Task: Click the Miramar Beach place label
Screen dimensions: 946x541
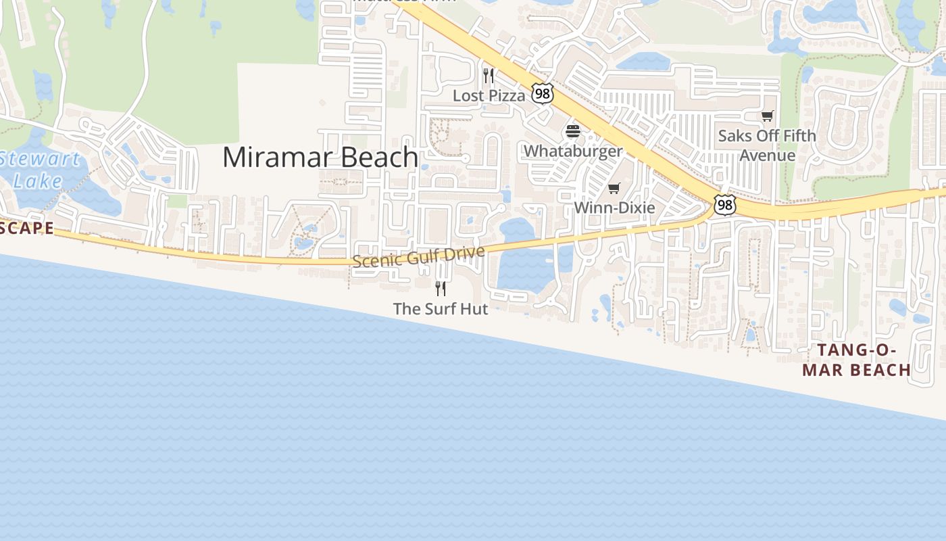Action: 320,157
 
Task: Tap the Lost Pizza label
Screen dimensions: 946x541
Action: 489,95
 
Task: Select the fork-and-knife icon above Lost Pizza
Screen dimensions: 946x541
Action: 489,75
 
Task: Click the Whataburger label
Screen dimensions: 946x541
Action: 573,151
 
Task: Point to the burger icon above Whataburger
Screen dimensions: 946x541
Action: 573,131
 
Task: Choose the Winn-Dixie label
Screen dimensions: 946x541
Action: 614,208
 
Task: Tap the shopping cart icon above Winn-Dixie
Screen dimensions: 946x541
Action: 614,188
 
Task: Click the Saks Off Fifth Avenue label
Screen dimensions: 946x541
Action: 767,145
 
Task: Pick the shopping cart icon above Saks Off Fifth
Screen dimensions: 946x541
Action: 767,116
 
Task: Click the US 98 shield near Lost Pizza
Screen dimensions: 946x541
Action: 542,93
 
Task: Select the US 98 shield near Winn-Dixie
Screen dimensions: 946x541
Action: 724,204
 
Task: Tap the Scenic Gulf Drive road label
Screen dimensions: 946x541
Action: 418,256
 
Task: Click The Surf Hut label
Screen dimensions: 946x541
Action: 441,309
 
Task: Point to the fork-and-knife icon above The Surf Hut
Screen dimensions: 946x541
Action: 441,289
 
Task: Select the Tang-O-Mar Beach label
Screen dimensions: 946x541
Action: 857,360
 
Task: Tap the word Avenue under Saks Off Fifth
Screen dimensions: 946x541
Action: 767,155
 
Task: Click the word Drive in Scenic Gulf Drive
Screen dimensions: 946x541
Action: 466,253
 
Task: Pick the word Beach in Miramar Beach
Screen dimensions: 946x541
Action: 378,157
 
